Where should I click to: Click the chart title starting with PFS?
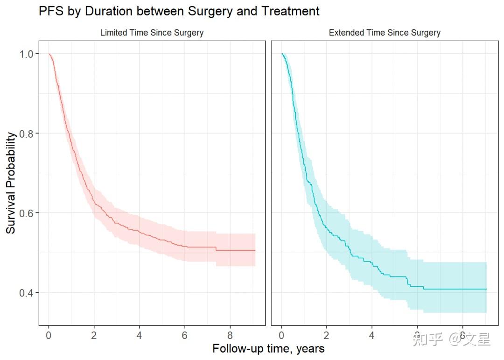(179, 11)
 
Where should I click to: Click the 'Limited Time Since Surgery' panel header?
(152, 33)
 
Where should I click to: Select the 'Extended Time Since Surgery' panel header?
(385, 33)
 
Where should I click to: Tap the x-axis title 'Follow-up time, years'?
(268, 349)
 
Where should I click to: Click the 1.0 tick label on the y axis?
(27, 54)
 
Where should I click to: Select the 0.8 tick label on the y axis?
(27, 134)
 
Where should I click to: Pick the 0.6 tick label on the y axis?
(27, 213)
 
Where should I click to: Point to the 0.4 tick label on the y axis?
(27, 293)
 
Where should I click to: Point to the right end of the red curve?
(255, 251)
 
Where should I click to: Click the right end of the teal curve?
(486, 289)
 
